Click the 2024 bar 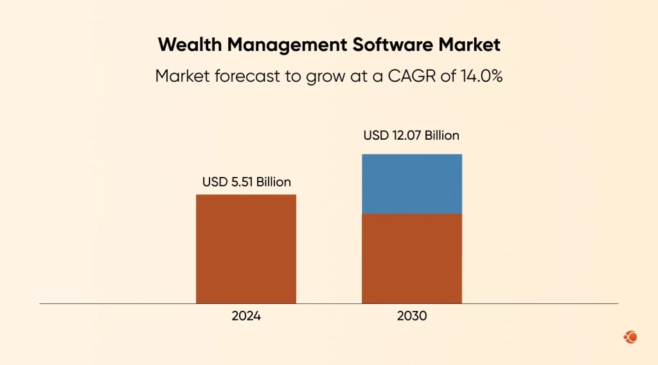point(245,248)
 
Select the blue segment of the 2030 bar point(412,183)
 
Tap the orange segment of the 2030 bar point(412,258)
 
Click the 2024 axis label point(246,317)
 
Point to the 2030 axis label point(412,317)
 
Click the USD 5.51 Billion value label point(246,182)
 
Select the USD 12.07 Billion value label point(411,136)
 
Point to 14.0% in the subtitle point(481,76)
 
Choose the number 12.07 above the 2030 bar point(405,136)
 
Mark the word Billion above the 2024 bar point(273,182)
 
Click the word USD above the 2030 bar point(375,136)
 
